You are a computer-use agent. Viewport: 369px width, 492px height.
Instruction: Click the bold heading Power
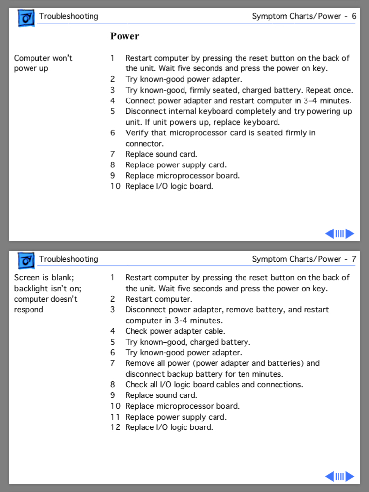(x=124, y=36)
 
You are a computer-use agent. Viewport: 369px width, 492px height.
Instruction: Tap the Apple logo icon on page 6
(x=26, y=17)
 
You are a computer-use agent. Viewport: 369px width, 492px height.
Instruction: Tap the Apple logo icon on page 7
(x=26, y=260)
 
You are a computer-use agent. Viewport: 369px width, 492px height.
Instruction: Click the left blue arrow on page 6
(x=330, y=233)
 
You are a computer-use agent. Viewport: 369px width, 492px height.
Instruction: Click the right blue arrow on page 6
(x=350, y=233)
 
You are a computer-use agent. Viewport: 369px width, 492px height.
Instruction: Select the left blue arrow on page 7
(x=330, y=476)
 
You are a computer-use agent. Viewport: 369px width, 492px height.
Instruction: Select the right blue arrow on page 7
(x=350, y=476)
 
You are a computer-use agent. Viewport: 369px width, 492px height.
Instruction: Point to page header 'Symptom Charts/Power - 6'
(x=304, y=16)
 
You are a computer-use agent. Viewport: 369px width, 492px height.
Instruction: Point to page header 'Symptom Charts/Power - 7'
(x=304, y=259)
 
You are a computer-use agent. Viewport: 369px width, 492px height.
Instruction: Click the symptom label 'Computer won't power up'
(x=43, y=63)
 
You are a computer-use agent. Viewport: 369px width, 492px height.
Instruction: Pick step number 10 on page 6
(x=115, y=187)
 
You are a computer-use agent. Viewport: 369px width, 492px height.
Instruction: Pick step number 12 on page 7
(x=115, y=427)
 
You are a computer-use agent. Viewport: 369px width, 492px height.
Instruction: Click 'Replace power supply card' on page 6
(x=176, y=165)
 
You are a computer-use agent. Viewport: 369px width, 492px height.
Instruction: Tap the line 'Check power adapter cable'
(x=175, y=331)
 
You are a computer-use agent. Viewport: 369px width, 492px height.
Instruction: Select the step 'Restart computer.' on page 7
(x=159, y=299)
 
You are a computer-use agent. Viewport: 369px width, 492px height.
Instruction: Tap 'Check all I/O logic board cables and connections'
(x=214, y=385)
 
